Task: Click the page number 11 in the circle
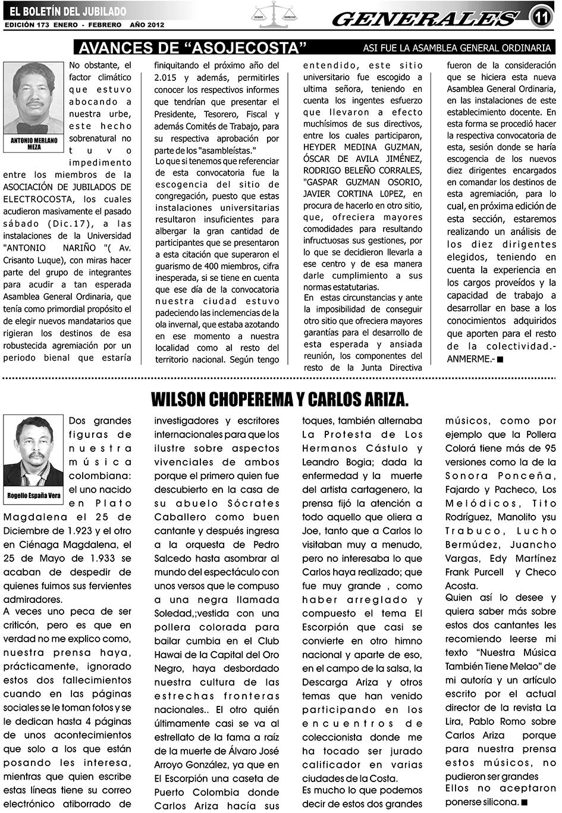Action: click(542, 17)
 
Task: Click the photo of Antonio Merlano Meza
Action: click(33, 98)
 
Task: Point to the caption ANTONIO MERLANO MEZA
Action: click(34, 143)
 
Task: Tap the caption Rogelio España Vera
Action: click(34, 495)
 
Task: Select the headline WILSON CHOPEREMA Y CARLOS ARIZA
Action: click(280, 399)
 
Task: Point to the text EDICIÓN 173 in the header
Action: click(26, 25)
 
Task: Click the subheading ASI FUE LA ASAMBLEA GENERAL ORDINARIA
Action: click(457, 48)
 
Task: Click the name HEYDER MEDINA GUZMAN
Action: click(363, 147)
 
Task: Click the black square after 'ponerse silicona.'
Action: click(524, 802)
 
